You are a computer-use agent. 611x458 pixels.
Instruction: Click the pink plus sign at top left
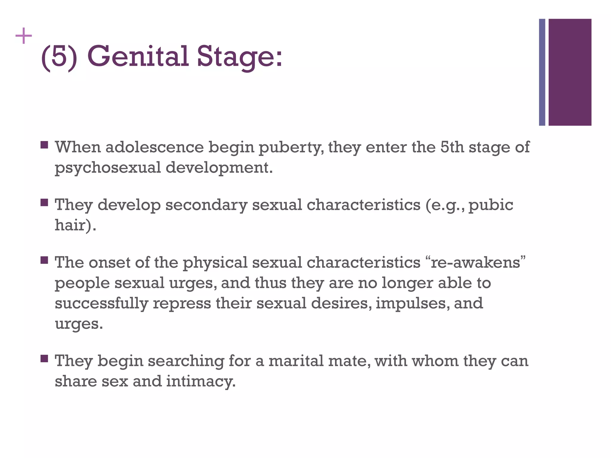(x=24, y=36)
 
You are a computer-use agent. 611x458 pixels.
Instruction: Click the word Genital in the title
(x=138, y=56)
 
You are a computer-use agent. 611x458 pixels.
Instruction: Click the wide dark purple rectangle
(x=570, y=72)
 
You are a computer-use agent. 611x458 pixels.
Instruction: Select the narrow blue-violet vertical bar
(x=542, y=72)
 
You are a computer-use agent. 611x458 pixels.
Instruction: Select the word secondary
(x=206, y=205)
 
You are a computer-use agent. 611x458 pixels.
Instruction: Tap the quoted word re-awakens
(x=476, y=262)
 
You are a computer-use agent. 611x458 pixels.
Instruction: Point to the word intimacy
(x=200, y=382)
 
